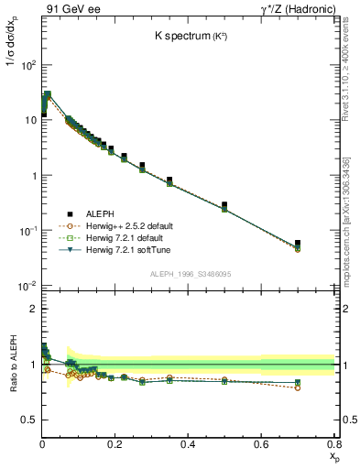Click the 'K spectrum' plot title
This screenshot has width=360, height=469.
click(x=191, y=37)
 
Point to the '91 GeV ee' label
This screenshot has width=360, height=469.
click(x=71, y=9)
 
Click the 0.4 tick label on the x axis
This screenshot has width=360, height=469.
click(x=189, y=444)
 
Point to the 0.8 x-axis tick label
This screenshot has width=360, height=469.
click(x=333, y=444)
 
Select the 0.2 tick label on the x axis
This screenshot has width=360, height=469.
click(x=115, y=444)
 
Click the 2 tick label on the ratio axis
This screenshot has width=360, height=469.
click(x=32, y=310)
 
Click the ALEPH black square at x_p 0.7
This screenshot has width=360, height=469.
click(x=298, y=243)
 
